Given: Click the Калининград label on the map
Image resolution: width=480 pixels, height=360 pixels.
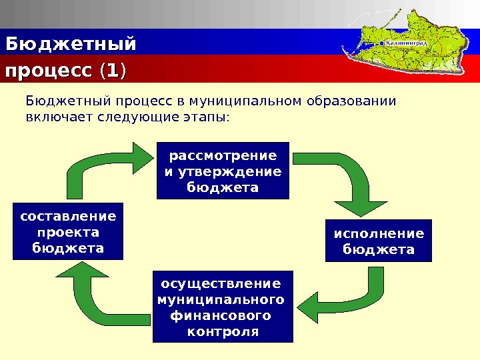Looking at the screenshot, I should tap(408, 42).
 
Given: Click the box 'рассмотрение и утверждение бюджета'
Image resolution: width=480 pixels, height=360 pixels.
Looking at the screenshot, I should tap(223, 171).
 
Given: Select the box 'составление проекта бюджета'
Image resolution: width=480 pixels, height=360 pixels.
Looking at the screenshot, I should tap(68, 231).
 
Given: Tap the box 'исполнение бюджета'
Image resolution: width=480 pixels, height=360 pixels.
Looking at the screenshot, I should tap(378, 241).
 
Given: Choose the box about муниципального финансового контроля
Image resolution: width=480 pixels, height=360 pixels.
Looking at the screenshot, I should tap(223, 305).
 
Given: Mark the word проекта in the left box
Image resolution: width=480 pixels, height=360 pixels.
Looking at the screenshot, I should tap(68, 232).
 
